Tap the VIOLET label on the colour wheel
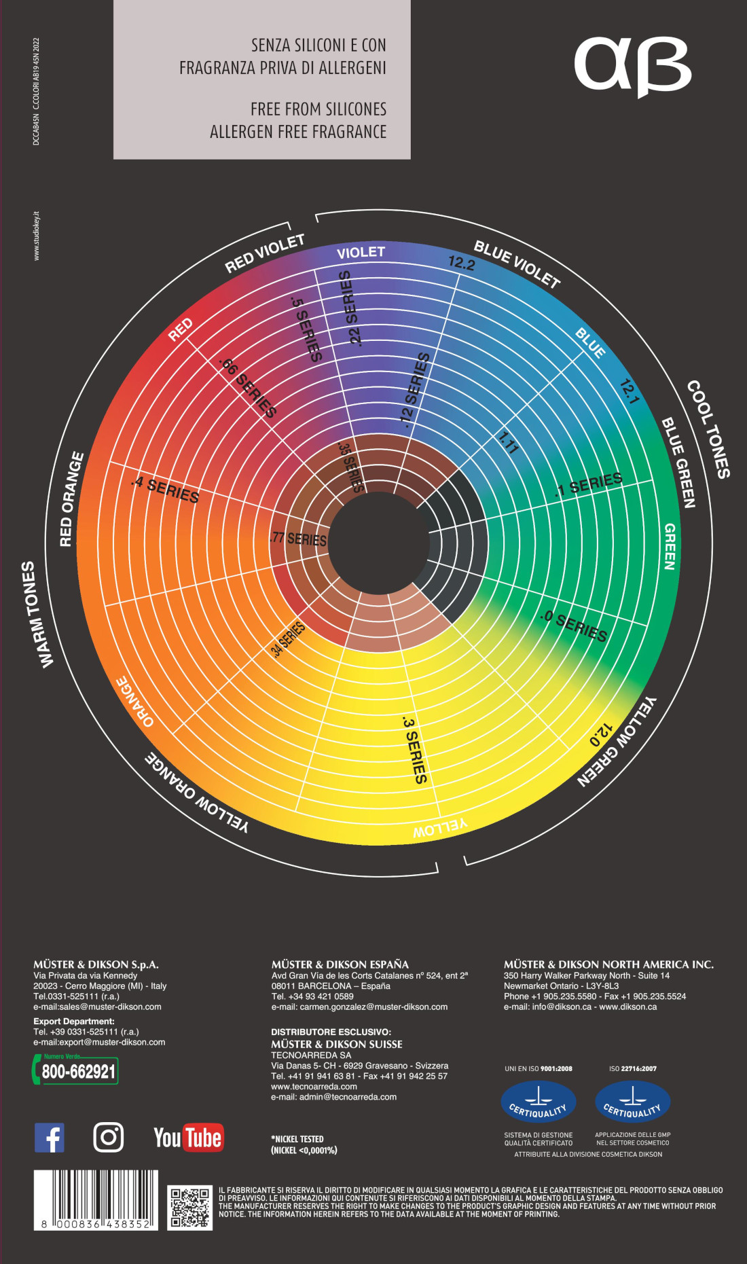[x=361, y=253]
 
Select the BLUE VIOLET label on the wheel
[x=517, y=264]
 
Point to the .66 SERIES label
[x=248, y=387]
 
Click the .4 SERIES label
[x=166, y=490]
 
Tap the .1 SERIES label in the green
[x=589, y=484]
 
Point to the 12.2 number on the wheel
[x=461, y=263]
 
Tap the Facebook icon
[x=50, y=1137]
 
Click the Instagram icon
[x=109, y=1137]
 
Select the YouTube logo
[x=188, y=1138]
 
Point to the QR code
[x=190, y=1207]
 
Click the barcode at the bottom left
[x=96, y=1199]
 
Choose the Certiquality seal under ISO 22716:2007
[x=632, y=1102]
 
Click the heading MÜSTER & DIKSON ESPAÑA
[x=340, y=964]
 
